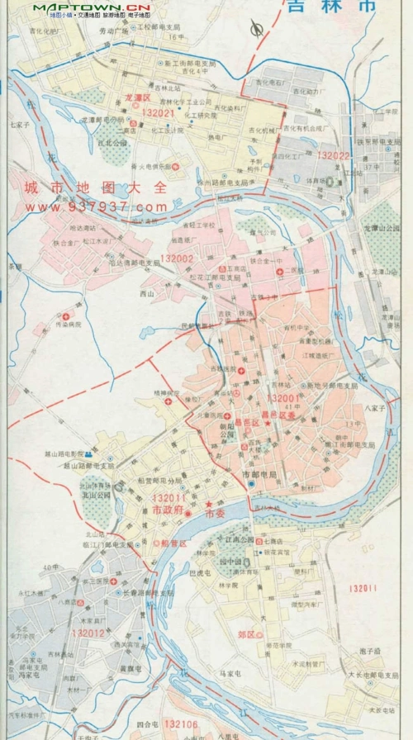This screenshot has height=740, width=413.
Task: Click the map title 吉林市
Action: click(330, 7)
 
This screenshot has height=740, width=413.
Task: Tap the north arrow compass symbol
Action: click(257, 30)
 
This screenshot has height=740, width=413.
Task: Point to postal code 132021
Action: click(159, 112)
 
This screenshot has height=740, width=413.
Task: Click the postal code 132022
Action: click(334, 155)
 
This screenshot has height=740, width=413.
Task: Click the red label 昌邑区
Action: click(247, 423)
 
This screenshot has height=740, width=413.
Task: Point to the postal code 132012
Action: click(88, 633)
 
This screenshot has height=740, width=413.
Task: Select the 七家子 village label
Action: click(19, 126)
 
